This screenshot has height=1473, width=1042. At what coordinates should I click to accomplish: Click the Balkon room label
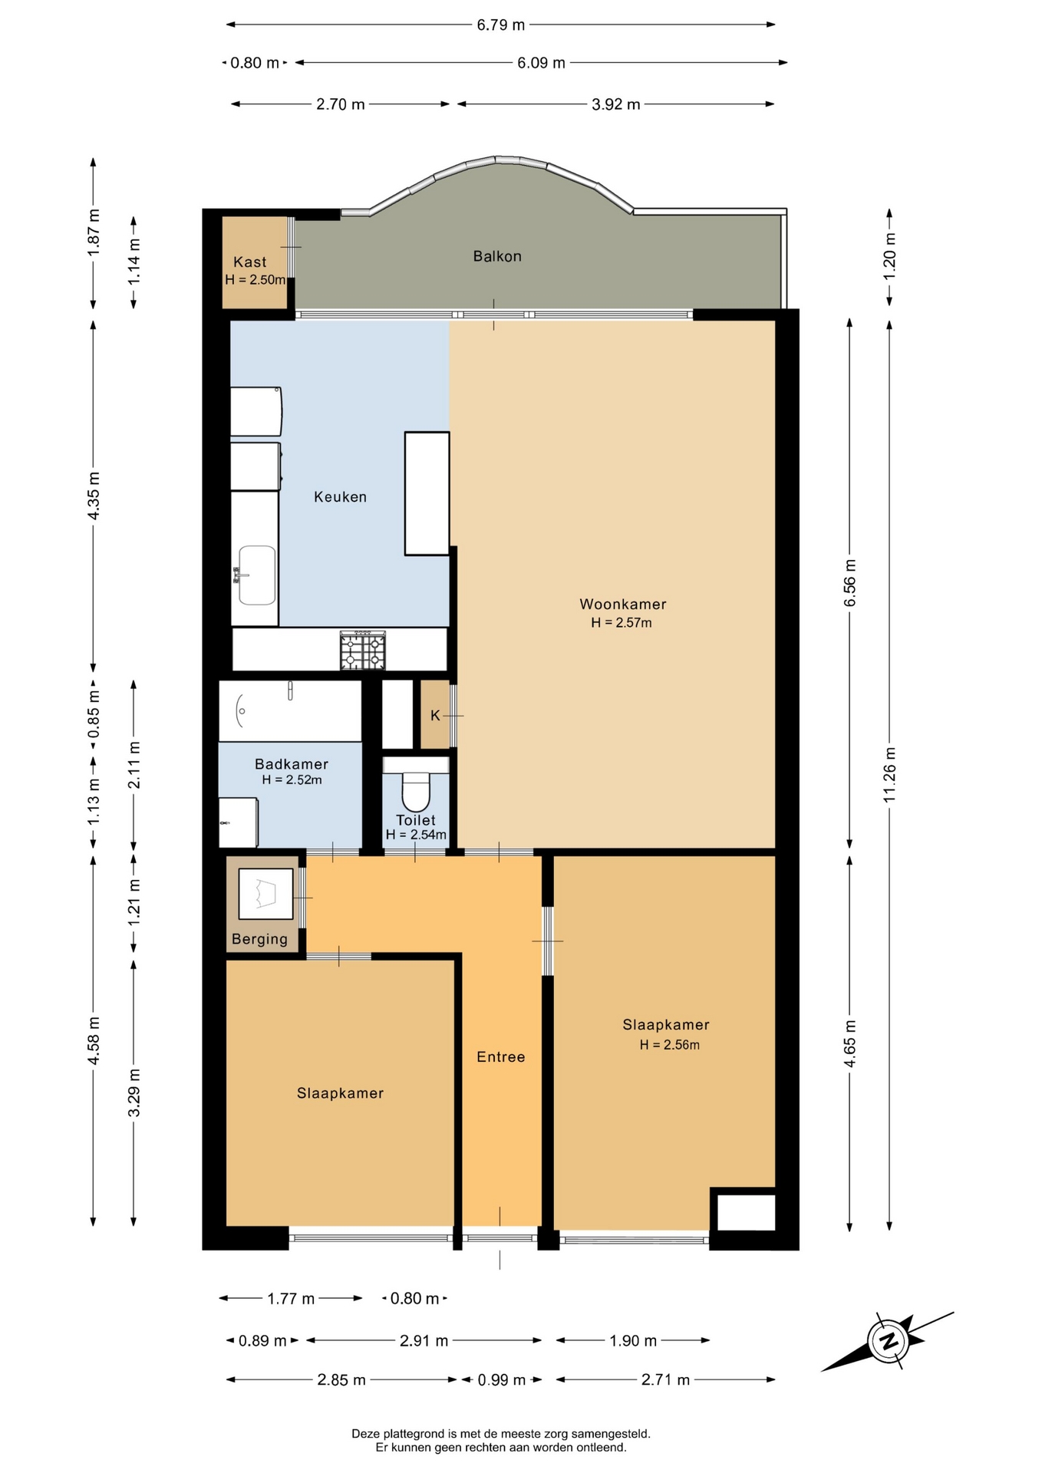(497, 256)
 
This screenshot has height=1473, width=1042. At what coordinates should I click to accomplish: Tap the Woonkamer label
(622, 605)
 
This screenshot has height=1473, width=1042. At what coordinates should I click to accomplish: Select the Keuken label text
(340, 497)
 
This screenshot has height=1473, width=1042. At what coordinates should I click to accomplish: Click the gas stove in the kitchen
(363, 651)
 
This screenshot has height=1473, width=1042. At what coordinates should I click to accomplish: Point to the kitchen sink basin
(257, 575)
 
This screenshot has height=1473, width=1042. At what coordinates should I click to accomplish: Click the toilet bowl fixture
(416, 791)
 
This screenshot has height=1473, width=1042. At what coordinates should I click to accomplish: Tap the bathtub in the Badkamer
(290, 710)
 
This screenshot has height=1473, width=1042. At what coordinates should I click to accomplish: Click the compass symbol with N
(889, 1342)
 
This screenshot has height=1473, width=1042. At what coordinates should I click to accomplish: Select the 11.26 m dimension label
(889, 774)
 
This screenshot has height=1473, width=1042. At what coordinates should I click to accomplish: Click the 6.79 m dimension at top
(500, 25)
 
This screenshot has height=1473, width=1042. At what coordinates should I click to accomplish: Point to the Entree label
(501, 1057)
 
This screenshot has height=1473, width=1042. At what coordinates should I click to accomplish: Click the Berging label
(259, 939)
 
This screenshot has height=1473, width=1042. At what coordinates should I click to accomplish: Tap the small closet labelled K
(435, 715)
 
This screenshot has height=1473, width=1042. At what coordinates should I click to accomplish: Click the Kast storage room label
(250, 262)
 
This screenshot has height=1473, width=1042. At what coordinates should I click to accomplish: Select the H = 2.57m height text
(622, 623)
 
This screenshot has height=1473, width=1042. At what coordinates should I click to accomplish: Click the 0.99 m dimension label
(502, 1380)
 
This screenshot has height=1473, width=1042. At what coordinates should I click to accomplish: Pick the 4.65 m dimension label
(849, 1043)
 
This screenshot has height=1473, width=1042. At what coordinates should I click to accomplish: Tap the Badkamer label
(292, 764)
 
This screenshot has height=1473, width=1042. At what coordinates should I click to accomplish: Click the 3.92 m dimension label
(615, 104)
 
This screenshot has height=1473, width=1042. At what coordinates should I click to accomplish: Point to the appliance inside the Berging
(265, 894)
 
